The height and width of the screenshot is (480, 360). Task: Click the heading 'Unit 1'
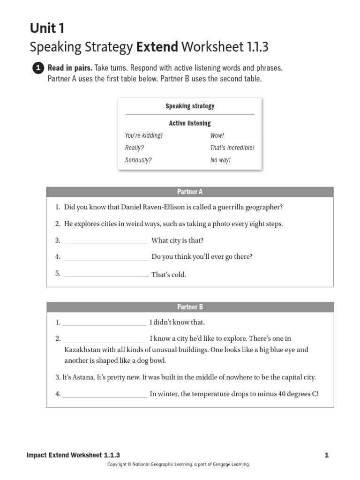[x=47, y=29]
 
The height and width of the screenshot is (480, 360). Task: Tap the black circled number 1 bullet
[x=38, y=68]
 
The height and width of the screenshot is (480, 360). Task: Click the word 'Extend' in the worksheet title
[x=157, y=47]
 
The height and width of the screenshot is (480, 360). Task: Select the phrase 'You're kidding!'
[x=144, y=135]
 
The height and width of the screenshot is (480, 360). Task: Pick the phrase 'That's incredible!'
[x=232, y=148]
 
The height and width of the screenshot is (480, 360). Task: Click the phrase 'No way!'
[x=220, y=160]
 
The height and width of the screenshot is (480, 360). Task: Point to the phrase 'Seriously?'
[x=138, y=160]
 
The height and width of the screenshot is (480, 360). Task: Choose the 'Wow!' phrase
[x=217, y=135]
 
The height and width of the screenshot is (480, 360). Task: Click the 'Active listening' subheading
[x=190, y=123]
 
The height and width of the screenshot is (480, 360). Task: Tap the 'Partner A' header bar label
[x=190, y=192]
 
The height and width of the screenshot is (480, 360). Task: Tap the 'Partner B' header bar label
[x=190, y=307]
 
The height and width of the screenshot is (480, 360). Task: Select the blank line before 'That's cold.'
[x=106, y=276]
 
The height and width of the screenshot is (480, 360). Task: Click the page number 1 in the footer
[x=327, y=455]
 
